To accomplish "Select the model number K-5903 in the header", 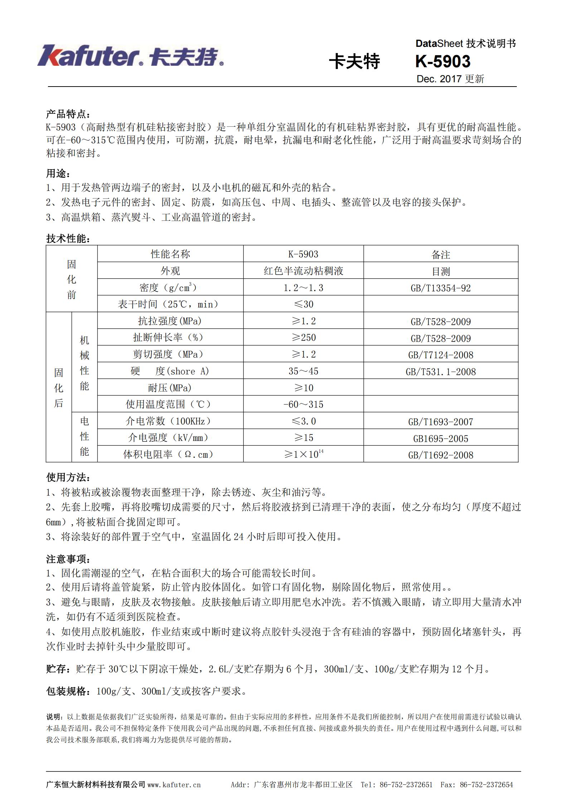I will (443, 62).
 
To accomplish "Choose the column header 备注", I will (441, 254).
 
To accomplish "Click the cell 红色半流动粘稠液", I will (303, 271).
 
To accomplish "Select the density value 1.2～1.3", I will (303, 288).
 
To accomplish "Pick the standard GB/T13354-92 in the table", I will (441, 288).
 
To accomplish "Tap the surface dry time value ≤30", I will (303, 304).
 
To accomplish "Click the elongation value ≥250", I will (303, 337).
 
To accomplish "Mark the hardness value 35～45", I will (303, 371).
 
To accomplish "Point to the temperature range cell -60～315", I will (303, 404).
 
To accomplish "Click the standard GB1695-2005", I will (441, 439).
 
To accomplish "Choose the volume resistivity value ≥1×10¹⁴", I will (303, 454).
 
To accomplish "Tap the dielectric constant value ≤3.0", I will (303, 421).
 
